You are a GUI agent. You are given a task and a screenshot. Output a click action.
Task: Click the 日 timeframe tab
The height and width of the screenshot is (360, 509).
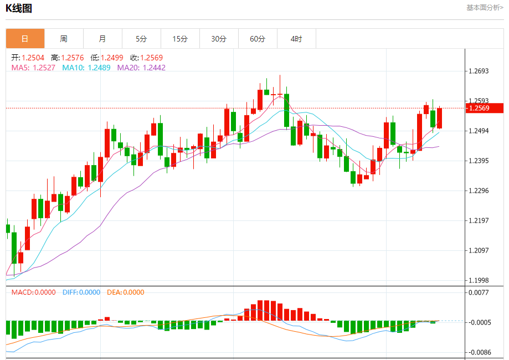click(x=25, y=39)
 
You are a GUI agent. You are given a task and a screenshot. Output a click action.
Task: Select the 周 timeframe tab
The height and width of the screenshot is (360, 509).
click(x=64, y=39)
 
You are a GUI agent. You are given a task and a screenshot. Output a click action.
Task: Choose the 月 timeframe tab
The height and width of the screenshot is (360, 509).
click(x=102, y=39)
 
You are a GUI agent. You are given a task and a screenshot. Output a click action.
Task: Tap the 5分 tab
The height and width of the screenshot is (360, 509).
click(x=141, y=39)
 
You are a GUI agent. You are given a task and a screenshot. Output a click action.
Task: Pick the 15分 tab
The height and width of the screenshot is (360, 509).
click(x=180, y=39)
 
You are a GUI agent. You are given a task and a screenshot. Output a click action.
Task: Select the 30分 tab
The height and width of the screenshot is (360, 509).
click(x=219, y=39)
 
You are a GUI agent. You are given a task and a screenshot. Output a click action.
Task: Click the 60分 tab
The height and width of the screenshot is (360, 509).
click(x=258, y=39)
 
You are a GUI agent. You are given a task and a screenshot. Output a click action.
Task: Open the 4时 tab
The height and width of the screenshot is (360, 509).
click(x=296, y=39)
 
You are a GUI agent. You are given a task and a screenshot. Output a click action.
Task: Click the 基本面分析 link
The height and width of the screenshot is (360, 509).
click(x=485, y=7)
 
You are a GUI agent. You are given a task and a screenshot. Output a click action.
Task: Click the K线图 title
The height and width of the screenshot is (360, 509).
click(x=19, y=8)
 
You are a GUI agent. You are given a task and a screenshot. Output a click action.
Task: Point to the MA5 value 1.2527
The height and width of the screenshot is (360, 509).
click(x=44, y=68)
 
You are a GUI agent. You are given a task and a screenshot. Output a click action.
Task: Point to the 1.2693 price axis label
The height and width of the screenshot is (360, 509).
click(x=479, y=71)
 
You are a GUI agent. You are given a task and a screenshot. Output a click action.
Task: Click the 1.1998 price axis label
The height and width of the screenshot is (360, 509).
click(x=479, y=280)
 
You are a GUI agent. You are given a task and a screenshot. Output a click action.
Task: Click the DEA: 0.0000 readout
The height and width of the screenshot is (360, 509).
click(x=125, y=292)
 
